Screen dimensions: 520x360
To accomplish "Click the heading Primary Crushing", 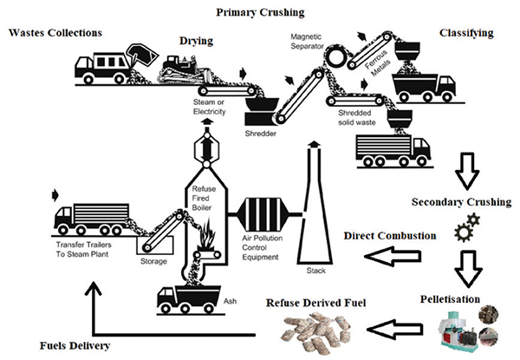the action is [x=260, y=13].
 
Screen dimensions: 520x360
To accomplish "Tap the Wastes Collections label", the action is [x=55, y=32].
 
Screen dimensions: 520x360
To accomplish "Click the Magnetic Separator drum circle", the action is [x=336, y=56].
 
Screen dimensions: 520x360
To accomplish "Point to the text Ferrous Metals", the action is [x=378, y=63].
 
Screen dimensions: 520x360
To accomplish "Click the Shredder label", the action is [x=260, y=134].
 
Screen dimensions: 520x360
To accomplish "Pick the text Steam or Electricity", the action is [x=209, y=107].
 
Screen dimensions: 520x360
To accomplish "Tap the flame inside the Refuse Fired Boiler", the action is [x=207, y=233].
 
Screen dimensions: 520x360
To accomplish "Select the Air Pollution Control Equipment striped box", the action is [x=264, y=214].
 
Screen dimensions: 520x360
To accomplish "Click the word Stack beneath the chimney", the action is [x=316, y=271].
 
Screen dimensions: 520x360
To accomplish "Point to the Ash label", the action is [x=231, y=301].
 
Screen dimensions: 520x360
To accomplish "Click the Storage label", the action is [x=153, y=261].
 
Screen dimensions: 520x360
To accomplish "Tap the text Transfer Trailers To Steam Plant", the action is [x=83, y=250].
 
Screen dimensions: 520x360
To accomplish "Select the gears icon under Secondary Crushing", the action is [x=467, y=227].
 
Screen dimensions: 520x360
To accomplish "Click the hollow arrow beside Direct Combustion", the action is [x=393, y=256].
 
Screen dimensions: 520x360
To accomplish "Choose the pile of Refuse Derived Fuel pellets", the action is [x=316, y=331].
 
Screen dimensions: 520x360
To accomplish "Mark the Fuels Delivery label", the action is [x=75, y=346].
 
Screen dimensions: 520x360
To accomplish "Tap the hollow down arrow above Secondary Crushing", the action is [x=467, y=171].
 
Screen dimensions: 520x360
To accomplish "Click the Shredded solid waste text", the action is [x=357, y=118].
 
